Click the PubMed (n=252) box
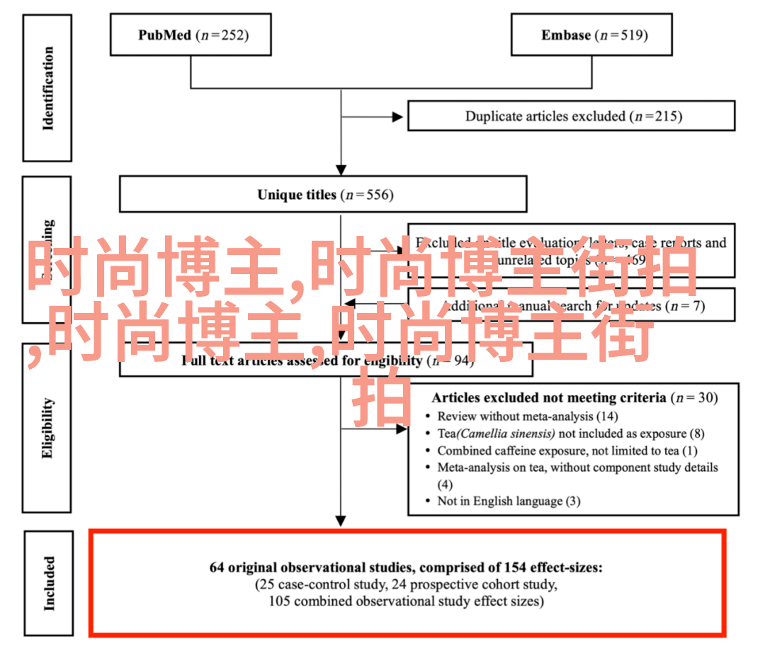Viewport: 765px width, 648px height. coord(191,35)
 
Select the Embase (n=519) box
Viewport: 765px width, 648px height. coord(592,35)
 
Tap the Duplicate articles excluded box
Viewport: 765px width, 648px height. coord(571,116)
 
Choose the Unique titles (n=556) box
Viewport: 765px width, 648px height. coord(323,194)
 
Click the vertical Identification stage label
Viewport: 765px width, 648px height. coord(47,89)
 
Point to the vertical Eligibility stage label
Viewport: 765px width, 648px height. coord(47,428)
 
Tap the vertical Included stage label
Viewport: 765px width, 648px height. coord(48,583)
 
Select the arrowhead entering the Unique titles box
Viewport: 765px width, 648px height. coord(341,170)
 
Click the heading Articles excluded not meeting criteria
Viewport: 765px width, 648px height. coord(548,397)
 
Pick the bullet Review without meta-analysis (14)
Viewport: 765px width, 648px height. coord(528,416)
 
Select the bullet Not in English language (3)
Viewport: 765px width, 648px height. coord(509,501)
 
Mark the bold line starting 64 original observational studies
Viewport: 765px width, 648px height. coord(406,567)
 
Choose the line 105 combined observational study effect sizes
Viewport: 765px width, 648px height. coord(406,601)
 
